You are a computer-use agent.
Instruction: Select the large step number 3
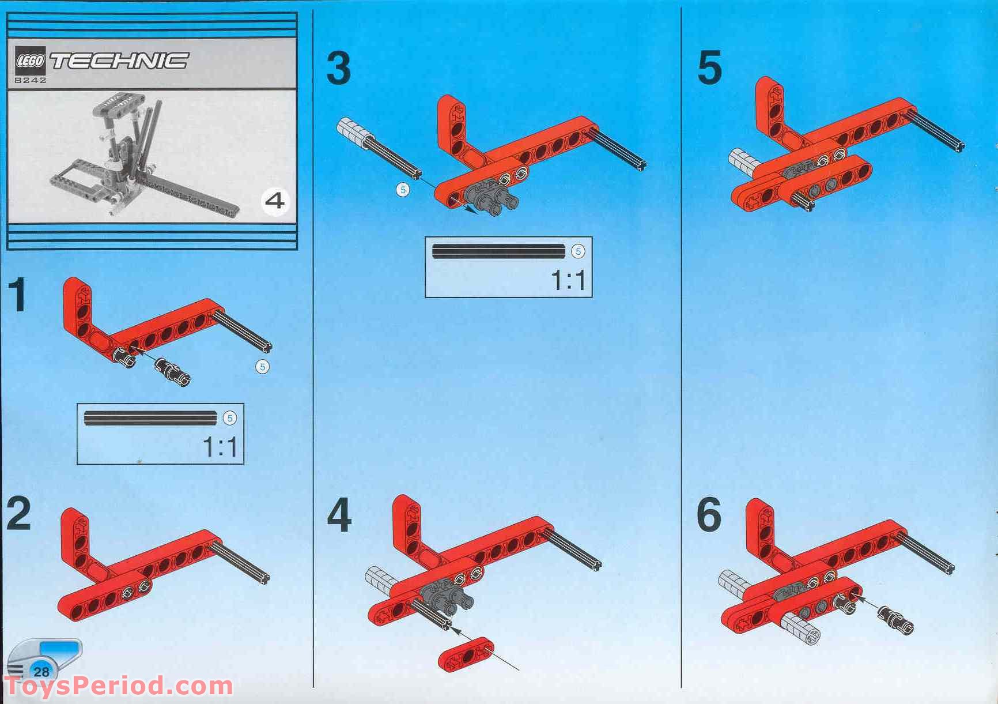pos(338,67)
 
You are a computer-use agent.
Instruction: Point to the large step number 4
pos(339,515)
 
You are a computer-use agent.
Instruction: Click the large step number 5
pos(709,67)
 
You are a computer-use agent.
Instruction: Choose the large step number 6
pos(709,515)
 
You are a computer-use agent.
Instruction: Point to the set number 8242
pos(31,80)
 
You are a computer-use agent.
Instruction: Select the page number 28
pos(41,672)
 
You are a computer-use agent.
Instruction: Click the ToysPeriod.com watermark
pos(118,686)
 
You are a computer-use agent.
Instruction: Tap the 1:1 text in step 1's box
pos(220,446)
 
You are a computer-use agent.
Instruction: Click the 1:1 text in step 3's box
pos(568,280)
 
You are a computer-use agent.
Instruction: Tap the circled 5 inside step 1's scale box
pos(230,418)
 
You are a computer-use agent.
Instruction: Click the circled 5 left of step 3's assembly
pos(403,189)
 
